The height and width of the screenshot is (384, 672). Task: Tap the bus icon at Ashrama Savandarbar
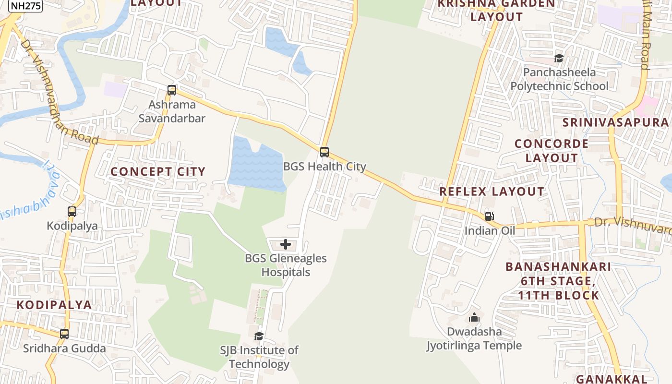(171, 90)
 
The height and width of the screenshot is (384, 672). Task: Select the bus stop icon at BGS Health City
(324, 152)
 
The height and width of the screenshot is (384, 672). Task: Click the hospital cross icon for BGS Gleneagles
(286, 244)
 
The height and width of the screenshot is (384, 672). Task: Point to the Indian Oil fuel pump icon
(489, 216)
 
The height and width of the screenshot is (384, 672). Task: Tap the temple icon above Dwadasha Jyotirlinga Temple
(474, 317)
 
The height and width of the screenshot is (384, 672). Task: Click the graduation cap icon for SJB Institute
(259, 336)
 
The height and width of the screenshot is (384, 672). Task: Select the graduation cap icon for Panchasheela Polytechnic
(559, 58)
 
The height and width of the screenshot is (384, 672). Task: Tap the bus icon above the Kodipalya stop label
(72, 211)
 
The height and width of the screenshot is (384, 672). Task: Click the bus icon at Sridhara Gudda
(64, 334)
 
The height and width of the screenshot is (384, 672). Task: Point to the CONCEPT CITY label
(158, 172)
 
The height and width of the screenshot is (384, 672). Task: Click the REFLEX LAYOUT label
(492, 192)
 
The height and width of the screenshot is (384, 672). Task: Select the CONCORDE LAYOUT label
(552, 151)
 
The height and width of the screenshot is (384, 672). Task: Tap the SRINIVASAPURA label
(616, 122)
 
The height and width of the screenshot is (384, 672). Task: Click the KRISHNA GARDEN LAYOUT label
(497, 10)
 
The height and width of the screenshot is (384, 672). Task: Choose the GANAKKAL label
(612, 379)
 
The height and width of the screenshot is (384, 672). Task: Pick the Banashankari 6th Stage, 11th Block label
(558, 281)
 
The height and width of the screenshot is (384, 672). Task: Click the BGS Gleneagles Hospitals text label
(286, 265)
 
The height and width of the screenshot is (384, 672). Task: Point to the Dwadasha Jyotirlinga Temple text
(474, 338)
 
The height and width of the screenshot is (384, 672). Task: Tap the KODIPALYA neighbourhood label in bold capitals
(54, 305)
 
